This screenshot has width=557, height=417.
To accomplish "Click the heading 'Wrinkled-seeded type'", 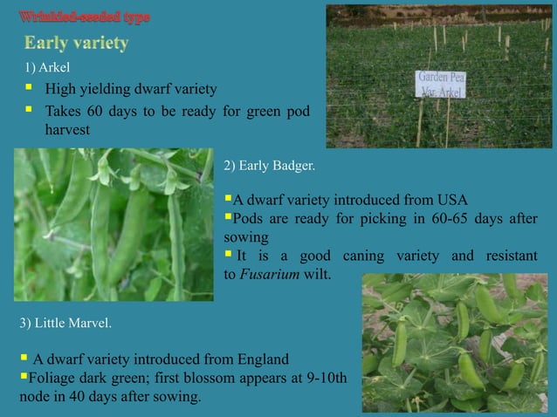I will pos(86,17).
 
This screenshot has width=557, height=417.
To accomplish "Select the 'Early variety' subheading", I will pos(77,43).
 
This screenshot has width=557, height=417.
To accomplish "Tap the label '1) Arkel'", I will pos(41,66).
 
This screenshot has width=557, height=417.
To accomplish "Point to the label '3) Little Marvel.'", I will pos(65,325).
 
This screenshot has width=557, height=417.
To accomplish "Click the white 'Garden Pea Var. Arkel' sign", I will pos(441,85).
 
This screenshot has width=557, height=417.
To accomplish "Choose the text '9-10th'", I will pos(326,378).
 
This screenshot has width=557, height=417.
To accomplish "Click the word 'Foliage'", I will pos(53,378).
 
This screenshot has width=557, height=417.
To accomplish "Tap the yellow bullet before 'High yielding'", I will pos(29,88).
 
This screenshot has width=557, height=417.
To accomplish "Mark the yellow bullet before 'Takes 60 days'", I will pos(29,110).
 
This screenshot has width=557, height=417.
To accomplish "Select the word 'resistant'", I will pos(494,256).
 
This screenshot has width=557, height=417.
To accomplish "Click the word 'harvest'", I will pos(68,130).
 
